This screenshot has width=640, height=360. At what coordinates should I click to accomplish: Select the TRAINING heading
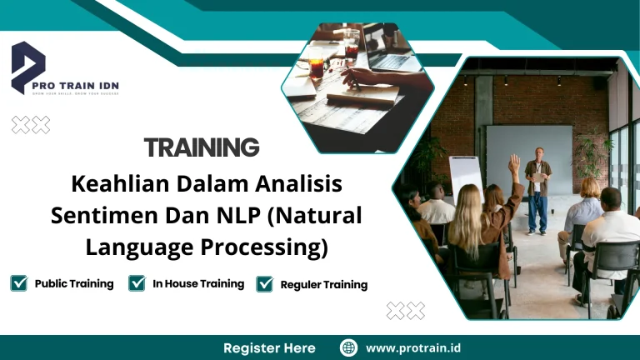(x=202, y=148)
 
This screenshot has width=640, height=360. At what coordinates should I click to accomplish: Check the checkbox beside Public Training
(x=18, y=283)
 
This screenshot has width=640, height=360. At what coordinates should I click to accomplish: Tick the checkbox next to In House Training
(x=137, y=283)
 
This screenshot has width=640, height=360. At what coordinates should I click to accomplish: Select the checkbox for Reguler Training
(x=265, y=284)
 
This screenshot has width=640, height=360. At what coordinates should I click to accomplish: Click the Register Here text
(x=269, y=347)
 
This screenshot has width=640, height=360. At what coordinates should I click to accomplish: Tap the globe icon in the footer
(x=349, y=347)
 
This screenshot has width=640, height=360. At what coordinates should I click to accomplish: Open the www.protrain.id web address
(x=414, y=347)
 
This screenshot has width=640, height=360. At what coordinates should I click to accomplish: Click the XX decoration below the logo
(x=31, y=124)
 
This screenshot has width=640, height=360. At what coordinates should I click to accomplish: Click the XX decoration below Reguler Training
(x=406, y=311)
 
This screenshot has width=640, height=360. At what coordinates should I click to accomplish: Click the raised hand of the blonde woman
(x=514, y=162)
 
